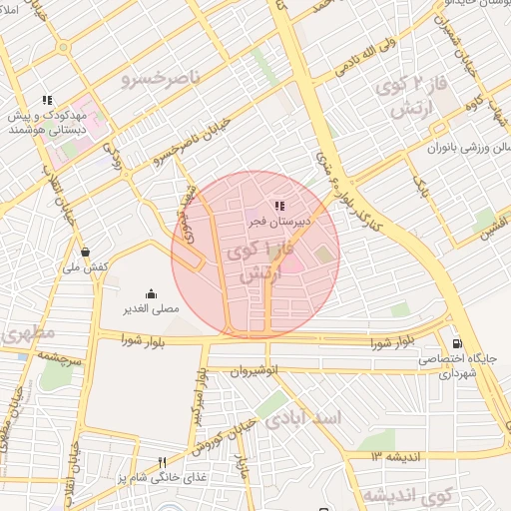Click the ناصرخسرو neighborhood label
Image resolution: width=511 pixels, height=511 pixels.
pos(161,76)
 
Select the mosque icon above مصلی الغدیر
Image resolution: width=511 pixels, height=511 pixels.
pos(151,293)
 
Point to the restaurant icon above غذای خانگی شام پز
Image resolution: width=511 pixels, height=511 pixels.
pos(162,462)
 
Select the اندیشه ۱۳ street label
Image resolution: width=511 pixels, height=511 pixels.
pos(398,456)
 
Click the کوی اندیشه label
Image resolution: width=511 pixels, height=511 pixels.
pos(407,494)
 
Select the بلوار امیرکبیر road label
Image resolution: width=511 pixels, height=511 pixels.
pos(200,395)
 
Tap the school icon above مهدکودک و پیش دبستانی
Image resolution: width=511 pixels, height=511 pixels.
pos(46,100)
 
